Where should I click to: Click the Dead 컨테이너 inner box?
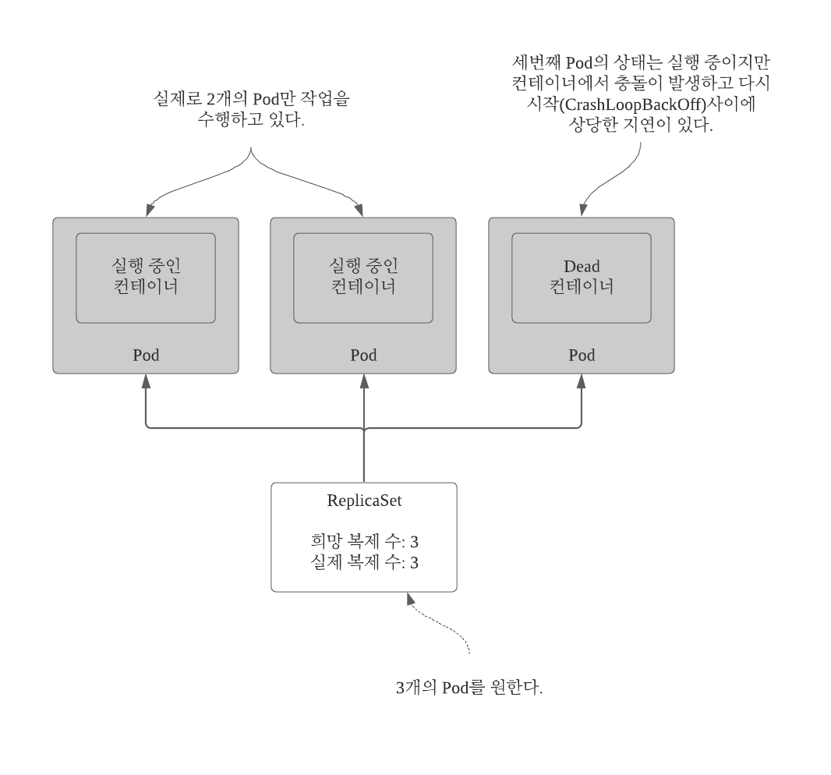coord(581,277)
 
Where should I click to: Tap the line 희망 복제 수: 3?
coord(363,543)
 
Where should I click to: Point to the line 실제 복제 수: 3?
coord(363,563)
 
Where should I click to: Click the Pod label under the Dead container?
coord(581,356)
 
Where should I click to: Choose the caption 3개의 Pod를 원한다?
coord(469,689)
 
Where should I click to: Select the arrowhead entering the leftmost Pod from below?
coord(146,380)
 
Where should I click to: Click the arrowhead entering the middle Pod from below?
coord(363,380)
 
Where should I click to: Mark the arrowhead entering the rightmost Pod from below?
coord(581,380)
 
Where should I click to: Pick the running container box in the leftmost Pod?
coord(146,277)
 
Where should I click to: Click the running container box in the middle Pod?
coord(363,277)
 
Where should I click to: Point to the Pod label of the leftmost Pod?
coord(146,356)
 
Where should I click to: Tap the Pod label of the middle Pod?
coord(363,356)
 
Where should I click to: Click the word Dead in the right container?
coord(581,266)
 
